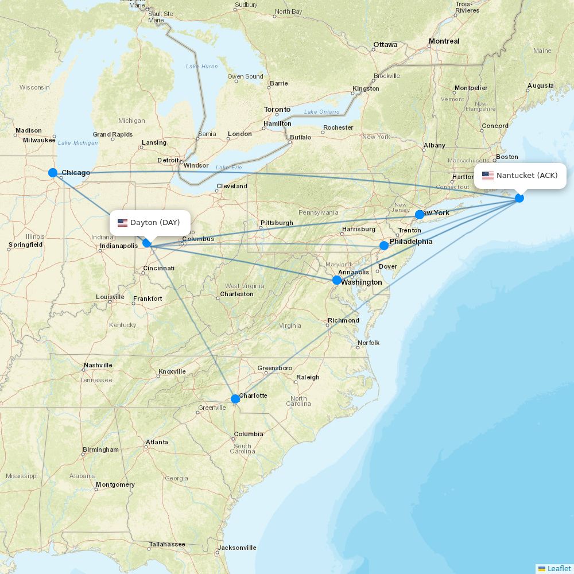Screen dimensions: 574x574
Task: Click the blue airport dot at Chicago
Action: (x=53, y=173)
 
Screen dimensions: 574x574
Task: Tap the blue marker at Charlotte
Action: (x=235, y=399)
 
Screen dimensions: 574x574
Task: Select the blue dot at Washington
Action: (x=337, y=280)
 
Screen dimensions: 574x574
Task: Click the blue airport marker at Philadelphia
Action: (x=384, y=246)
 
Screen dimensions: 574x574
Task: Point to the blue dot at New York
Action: (x=420, y=215)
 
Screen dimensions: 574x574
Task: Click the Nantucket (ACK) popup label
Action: (x=526, y=176)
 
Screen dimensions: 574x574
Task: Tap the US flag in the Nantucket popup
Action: (x=488, y=176)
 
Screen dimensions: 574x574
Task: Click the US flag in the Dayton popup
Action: (x=122, y=223)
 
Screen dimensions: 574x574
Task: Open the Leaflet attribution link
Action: (x=559, y=568)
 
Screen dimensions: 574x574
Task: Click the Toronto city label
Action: (x=277, y=110)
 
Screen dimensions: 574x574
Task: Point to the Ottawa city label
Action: (x=385, y=45)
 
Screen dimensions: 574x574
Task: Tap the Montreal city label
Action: (x=444, y=41)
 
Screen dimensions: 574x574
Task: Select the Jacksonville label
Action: (x=237, y=548)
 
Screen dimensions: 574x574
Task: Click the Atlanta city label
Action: (x=157, y=442)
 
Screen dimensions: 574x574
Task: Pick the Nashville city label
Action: (x=98, y=365)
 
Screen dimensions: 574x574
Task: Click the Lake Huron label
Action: (x=201, y=67)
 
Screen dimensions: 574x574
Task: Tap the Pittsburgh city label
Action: (x=277, y=223)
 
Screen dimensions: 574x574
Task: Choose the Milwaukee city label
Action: (x=40, y=140)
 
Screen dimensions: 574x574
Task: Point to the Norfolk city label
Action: (x=369, y=343)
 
